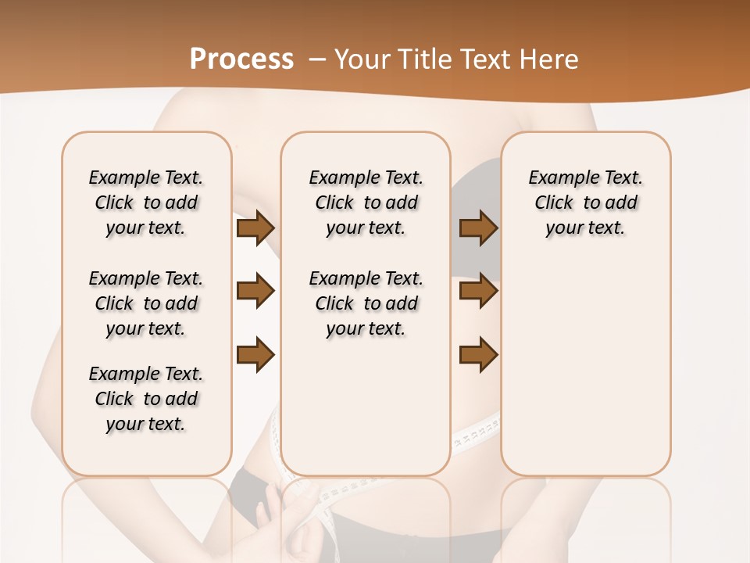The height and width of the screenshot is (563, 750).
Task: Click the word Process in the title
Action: [x=241, y=59]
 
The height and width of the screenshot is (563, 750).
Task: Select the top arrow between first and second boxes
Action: [x=255, y=228]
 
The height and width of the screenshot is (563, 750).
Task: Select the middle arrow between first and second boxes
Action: [x=255, y=292]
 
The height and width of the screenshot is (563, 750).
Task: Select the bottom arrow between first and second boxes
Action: [x=255, y=355]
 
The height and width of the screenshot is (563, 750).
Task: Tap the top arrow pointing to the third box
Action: [x=478, y=228]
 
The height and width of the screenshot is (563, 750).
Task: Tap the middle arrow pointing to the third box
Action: [x=478, y=292]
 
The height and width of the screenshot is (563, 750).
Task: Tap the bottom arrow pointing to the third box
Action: [x=478, y=355]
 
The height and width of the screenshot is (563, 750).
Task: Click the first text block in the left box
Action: [x=146, y=203]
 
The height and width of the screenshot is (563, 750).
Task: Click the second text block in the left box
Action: [x=146, y=303]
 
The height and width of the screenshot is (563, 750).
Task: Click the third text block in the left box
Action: [x=146, y=399]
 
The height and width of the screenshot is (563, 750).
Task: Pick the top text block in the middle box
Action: [x=366, y=203]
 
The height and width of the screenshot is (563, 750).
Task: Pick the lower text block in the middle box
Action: [x=366, y=303]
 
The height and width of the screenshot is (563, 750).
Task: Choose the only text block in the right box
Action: [x=585, y=203]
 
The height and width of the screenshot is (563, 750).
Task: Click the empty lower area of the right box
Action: [x=585, y=368]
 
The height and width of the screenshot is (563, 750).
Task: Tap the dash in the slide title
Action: [x=317, y=59]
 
